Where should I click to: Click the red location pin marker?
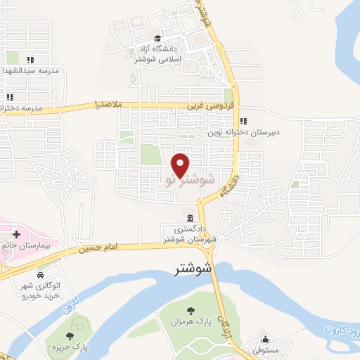(x=181, y=165)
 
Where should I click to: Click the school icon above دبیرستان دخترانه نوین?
(x=243, y=120)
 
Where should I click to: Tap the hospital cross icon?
(x=16, y=232)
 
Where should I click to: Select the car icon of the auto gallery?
(x=40, y=273)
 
